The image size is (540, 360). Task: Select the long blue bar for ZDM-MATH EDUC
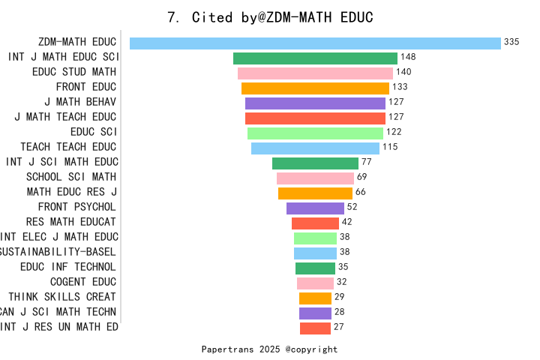[x=315, y=43]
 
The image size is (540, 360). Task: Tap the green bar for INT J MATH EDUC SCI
[x=315, y=58]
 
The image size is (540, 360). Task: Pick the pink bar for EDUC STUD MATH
[x=315, y=73]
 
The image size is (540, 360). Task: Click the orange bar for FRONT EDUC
[x=315, y=88]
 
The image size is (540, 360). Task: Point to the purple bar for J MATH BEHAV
[x=315, y=103]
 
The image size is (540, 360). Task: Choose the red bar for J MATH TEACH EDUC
[x=315, y=118]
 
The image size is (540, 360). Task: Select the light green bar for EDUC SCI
[x=315, y=133]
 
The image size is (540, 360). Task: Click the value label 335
[x=511, y=42]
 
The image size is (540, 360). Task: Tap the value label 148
[x=408, y=57]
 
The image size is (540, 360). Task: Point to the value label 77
[x=367, y=162]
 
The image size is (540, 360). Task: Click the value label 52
[x=352, y=207]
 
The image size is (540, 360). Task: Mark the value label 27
[x=338, y=327]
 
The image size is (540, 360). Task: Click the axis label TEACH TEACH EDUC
[x=68, y=147]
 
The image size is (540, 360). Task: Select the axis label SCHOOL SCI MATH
[x=71, y=177]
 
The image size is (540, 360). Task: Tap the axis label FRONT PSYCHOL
[x=77, y=207]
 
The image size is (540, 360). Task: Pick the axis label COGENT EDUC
[x=83, y=282]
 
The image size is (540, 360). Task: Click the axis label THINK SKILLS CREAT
[x=62, y=297]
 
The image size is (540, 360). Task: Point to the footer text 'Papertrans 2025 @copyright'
[x=269, y=349]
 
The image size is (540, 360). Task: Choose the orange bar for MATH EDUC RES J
[x=315, y=193]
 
